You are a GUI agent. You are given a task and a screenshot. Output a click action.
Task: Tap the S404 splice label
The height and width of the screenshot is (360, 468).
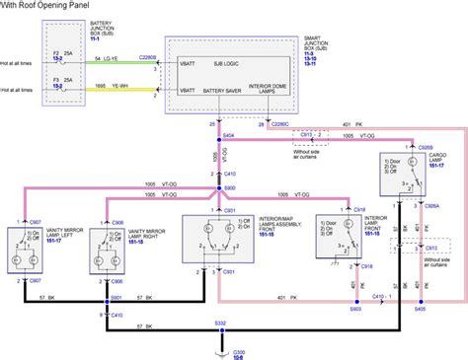pos(228,133)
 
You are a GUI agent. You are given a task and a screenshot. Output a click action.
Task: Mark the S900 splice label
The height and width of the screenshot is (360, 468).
pos(228,187)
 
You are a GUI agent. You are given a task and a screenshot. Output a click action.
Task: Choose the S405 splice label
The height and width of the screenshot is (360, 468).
pos(420,310)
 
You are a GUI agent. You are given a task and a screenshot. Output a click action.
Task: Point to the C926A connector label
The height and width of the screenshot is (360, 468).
pos(429,205)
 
